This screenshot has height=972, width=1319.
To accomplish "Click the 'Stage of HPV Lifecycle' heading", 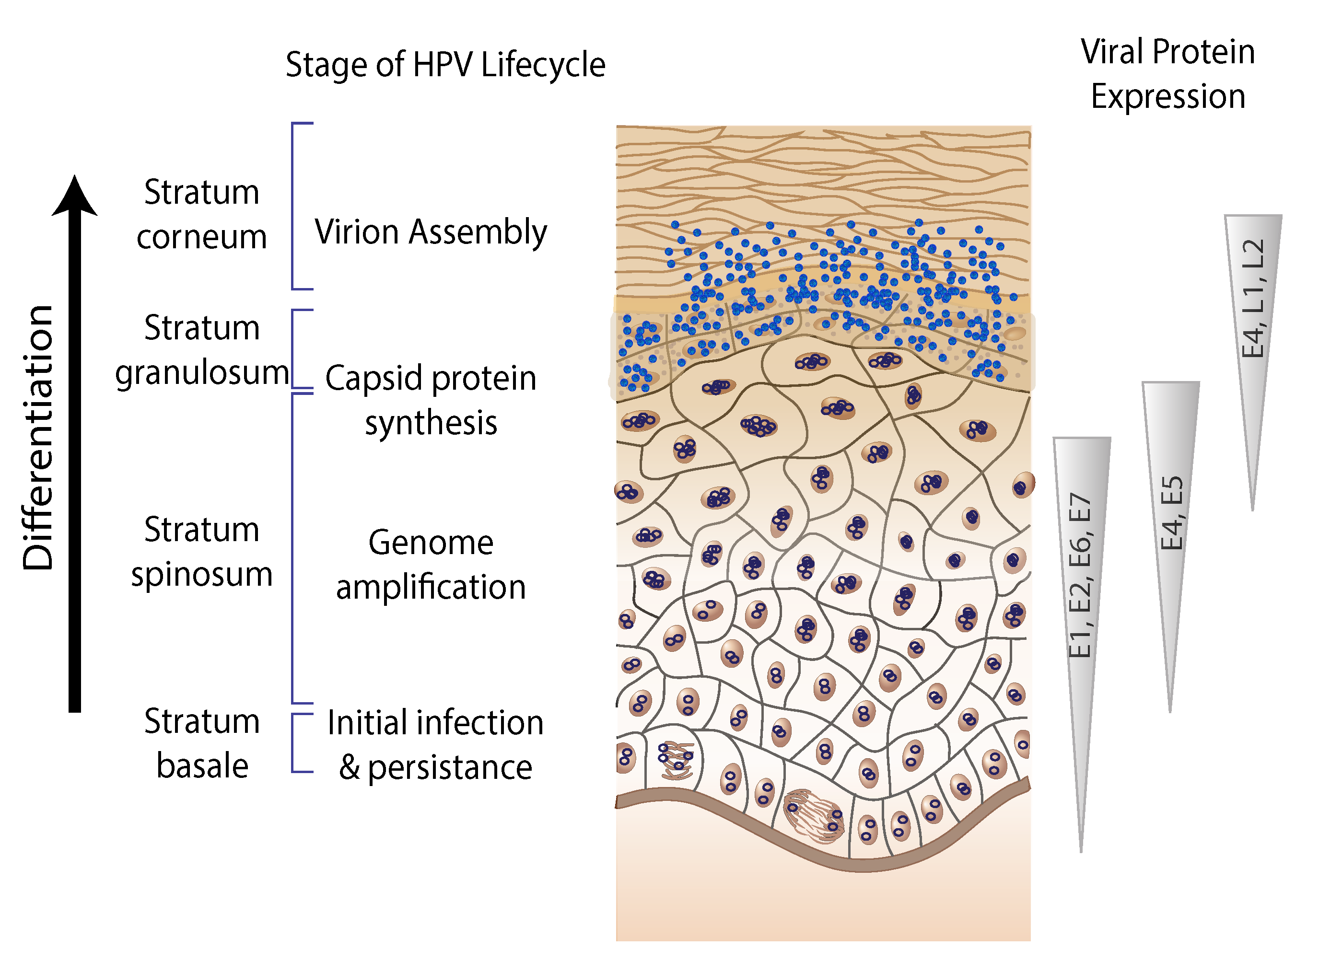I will pyautogui.click(x=445, y=65).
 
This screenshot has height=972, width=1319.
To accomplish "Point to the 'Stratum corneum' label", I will pyautogui.click(x=201, y=214).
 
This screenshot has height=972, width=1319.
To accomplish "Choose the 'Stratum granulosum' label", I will pyautogui.click(x=201, y=350).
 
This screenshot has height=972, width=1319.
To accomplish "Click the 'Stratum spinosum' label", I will pyautogui.click(x=201, y=551).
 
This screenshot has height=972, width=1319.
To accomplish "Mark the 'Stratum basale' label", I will pyautogui.click(x=201, y=744).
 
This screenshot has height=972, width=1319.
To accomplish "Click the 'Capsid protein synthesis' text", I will pyautogui.click(x=431, y=400).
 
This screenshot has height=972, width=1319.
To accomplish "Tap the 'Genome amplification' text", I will pyautogui.click(x=431, y=565).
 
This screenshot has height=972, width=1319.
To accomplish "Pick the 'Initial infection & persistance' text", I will pyautogui.click(x=435, y=745).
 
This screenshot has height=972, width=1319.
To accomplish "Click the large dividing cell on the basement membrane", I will pyautogui.click(x=814, y=815).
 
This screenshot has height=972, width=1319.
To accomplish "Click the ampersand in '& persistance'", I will pyautogui.click(x=350, y=767).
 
